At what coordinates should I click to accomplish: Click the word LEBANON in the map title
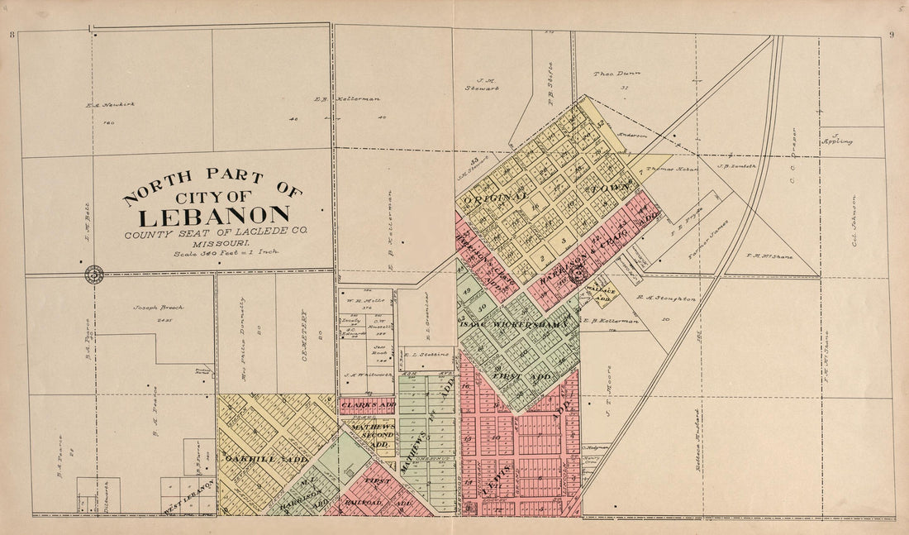pyautogui.click(x=213, y=217)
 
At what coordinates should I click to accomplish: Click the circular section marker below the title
pyautogui.click(x=94, y=275)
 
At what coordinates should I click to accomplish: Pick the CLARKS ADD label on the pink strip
pyautogui.click(x=368, y=405)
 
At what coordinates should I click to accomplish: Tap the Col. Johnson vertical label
pyautogui.click(x=855, y=221)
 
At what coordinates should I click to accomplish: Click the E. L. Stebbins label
pyautogui.click(x=428, y=354)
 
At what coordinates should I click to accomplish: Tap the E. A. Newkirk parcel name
pyautogui.click(x=109, y=104)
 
